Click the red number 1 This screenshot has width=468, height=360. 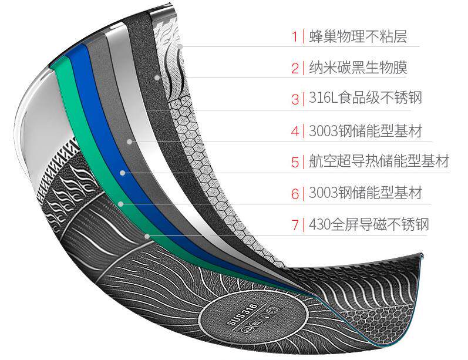click(x=295, y=37)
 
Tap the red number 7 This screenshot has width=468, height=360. click(x=295, y=224)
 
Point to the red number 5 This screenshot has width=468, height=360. click(x=295, y=162)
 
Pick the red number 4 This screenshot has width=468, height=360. click(x=295, y=130)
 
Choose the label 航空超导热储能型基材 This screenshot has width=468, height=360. click(x=379, y=162)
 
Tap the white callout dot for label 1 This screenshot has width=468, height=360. click(x=181, y=46)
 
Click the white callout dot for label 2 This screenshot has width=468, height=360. click(x=156, y=78)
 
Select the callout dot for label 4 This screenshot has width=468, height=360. click(x=129, y=141)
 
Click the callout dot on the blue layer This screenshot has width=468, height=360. click(x=123, y=173)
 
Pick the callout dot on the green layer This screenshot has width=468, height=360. click(x=120, y=204)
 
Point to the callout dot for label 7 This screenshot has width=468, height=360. click(x=147, y=236)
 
